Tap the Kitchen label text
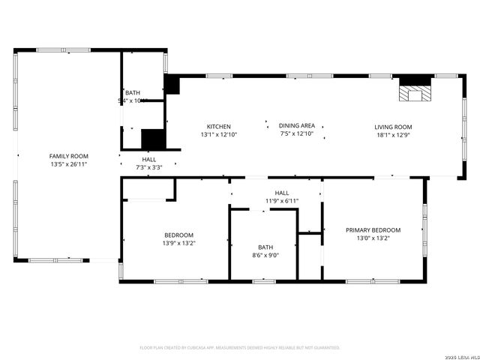pyautogui.click(x=219, y=127)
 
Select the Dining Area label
pyautogui.click(x=296, y=127)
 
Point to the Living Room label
pyautogui.click(x=393, y=127)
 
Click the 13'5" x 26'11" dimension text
pyautogui.click(x=69, y=164)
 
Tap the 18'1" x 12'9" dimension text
pyautogui.click(x=393, y=135)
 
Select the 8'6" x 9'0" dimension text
pyautogui.click(x=265, y=255)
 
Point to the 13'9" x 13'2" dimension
pyautogui.click(x=178, y=243)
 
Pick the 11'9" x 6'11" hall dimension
pyautogui.click(x=282, y=201)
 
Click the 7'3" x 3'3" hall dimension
pyautogui.click(x=149, y=167)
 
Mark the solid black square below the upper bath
pyautogui.click(x=152, y=140)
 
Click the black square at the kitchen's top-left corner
pyautogui.click(x=172, y=84)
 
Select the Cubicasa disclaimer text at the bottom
pyautogui.click(x=240, y=348)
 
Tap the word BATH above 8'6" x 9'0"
pyautogui.click(x=265, y=247)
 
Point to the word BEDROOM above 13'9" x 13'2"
pyautogui.click(x=178, y=235)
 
